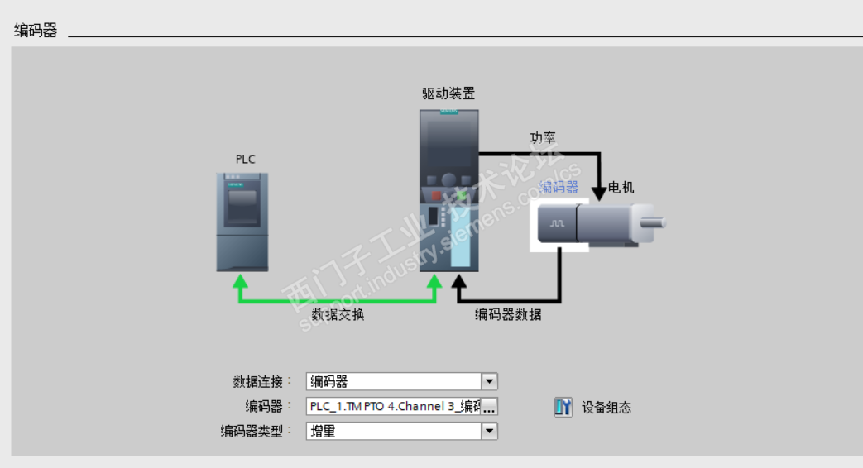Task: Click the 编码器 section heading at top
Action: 36,31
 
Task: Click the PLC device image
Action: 242,221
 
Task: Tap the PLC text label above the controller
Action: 246,159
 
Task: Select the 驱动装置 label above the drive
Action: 448,93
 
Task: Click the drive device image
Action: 448,190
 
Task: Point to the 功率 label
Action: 543,137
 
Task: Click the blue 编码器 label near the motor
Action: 559,187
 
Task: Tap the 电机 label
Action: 621,188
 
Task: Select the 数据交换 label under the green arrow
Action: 338,315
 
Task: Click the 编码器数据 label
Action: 508,315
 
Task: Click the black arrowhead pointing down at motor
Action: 598,193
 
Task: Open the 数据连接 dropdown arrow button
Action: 489,381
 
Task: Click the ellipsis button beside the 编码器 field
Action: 489,407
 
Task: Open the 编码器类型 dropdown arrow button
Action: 489,431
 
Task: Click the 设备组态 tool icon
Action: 563,407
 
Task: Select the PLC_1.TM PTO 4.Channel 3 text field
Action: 393,407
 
